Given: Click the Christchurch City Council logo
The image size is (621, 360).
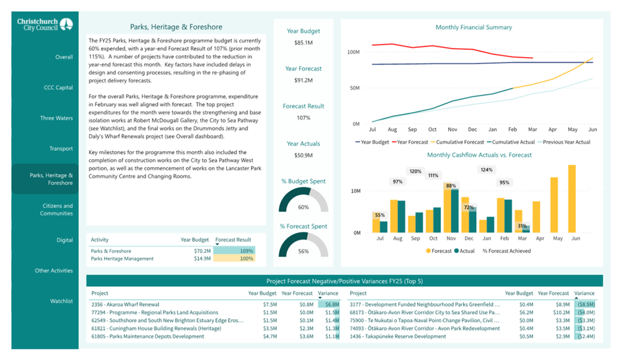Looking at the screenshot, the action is (x=45, y=25).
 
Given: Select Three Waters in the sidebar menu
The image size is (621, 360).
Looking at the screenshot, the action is (x=56, y=118).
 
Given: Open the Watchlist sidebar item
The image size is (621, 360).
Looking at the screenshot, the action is (x=61, y=301).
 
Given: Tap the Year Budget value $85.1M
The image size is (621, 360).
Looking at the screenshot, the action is (x=303, y=43).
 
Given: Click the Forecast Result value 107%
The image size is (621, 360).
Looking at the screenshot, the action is (x=303, y=118).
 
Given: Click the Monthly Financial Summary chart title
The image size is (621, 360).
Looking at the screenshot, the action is (x=474, y=27).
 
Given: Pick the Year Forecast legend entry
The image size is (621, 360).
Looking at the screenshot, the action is (x=410, y=142).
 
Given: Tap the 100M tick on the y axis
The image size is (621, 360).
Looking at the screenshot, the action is (x=354, y=52).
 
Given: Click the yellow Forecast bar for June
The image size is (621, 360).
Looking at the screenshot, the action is (x=572, y=199).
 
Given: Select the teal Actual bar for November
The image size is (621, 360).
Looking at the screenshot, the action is (x=454, y=211).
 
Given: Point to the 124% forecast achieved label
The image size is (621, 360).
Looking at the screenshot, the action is (x=487, y=170).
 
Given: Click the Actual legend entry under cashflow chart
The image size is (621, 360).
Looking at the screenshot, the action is (x=464, y=251).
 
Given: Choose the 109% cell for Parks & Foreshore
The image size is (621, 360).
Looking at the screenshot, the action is (x=234, y=251).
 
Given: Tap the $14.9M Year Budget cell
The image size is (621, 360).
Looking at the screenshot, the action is (x=202, y=258).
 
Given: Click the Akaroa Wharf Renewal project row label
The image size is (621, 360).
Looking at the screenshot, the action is (x=125, y=304).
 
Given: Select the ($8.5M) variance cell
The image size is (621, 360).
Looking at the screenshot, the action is (x=586, y=304).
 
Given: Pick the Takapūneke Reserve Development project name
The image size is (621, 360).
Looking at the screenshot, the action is (x=397, y=336).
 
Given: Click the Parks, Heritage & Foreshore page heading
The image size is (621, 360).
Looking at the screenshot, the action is (x=176, y=27).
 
